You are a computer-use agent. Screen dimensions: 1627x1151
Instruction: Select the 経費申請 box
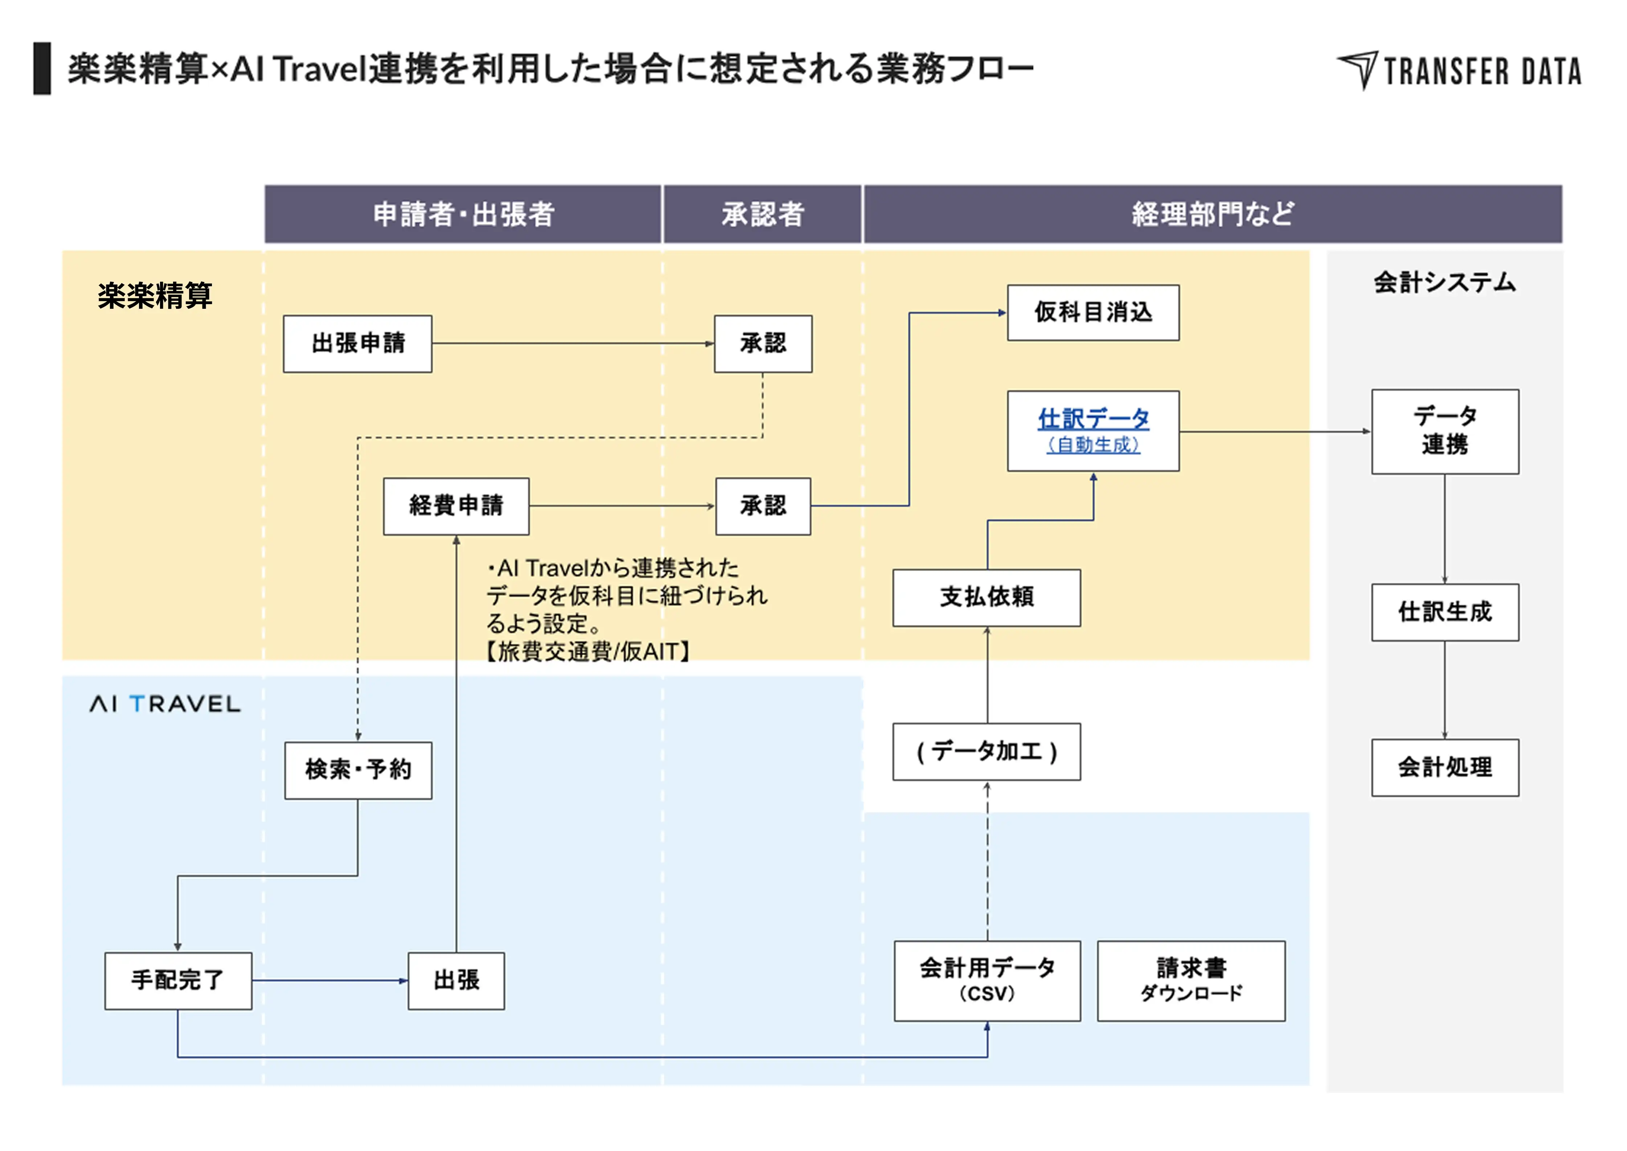(x=456, y=506)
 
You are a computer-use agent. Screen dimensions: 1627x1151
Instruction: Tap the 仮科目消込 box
(x=1093, y=312)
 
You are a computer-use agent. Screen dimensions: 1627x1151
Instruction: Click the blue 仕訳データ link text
(x=1093, y=419)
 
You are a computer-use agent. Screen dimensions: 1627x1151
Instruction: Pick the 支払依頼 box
(x=987, y=598)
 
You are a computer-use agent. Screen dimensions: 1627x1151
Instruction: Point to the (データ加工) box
(x=987, y=751)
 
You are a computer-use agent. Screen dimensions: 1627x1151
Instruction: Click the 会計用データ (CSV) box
(x=987, y=981)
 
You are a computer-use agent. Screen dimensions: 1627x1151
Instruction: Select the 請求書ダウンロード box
(x=1191, y=981)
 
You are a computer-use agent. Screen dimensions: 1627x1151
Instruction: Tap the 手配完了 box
(x=178, y=981)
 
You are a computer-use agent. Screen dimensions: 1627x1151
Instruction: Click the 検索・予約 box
(x=358, y=770)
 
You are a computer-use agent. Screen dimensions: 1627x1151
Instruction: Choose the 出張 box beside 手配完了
(x=456, y=981)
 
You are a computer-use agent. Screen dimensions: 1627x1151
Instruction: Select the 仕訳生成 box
(x=1445, y=613)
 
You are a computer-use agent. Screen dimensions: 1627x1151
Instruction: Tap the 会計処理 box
(x=1445, y=767)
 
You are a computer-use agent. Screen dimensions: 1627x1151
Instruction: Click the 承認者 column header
(x=762, y=214)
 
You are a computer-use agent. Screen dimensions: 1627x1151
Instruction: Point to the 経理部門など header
(x=1213, y=214)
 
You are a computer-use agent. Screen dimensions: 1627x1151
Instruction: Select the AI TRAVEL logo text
(x=165, y=704)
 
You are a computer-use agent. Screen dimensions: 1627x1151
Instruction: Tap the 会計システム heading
(x=1445, y=282)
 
